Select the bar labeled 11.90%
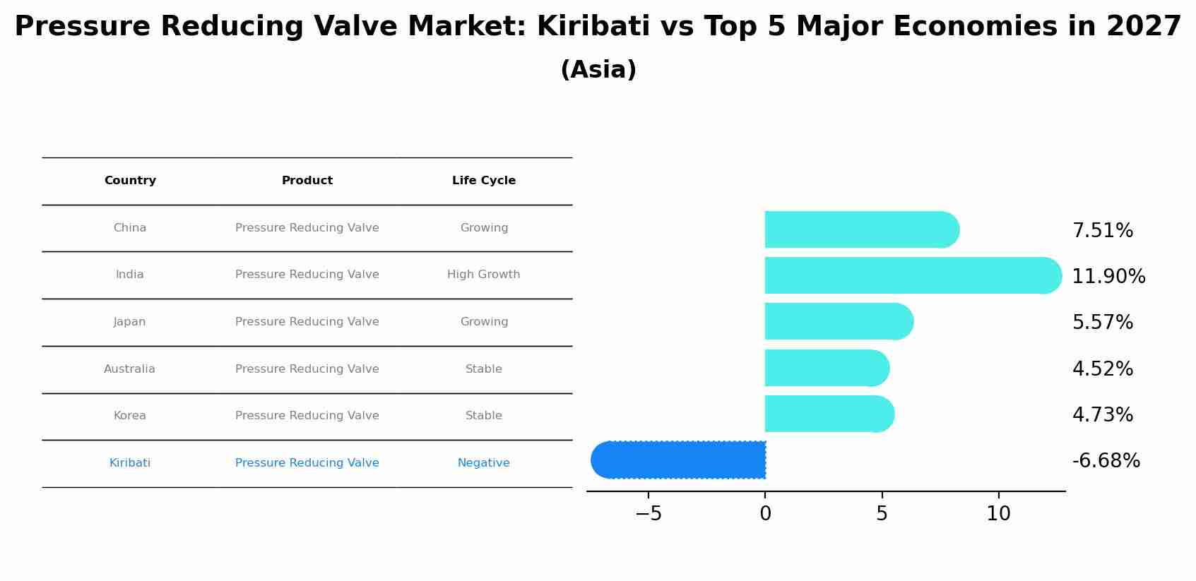pos(911,275)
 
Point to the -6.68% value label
pos(1106,461)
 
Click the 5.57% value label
pos(1102,323)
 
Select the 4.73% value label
pos(1102,414)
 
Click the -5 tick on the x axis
pos(649,514)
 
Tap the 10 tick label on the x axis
pos(998,514)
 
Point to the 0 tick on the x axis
pos(765,514)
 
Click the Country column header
pos(130,181)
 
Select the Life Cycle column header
pos(484,181)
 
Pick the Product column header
pos(307,181)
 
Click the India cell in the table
pos(130,275)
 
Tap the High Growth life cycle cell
pos(484,275)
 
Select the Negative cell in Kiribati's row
pos(484,463)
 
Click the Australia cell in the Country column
pos(129,369)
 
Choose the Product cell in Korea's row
pos(307,416)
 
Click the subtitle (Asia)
pos(598,70)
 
